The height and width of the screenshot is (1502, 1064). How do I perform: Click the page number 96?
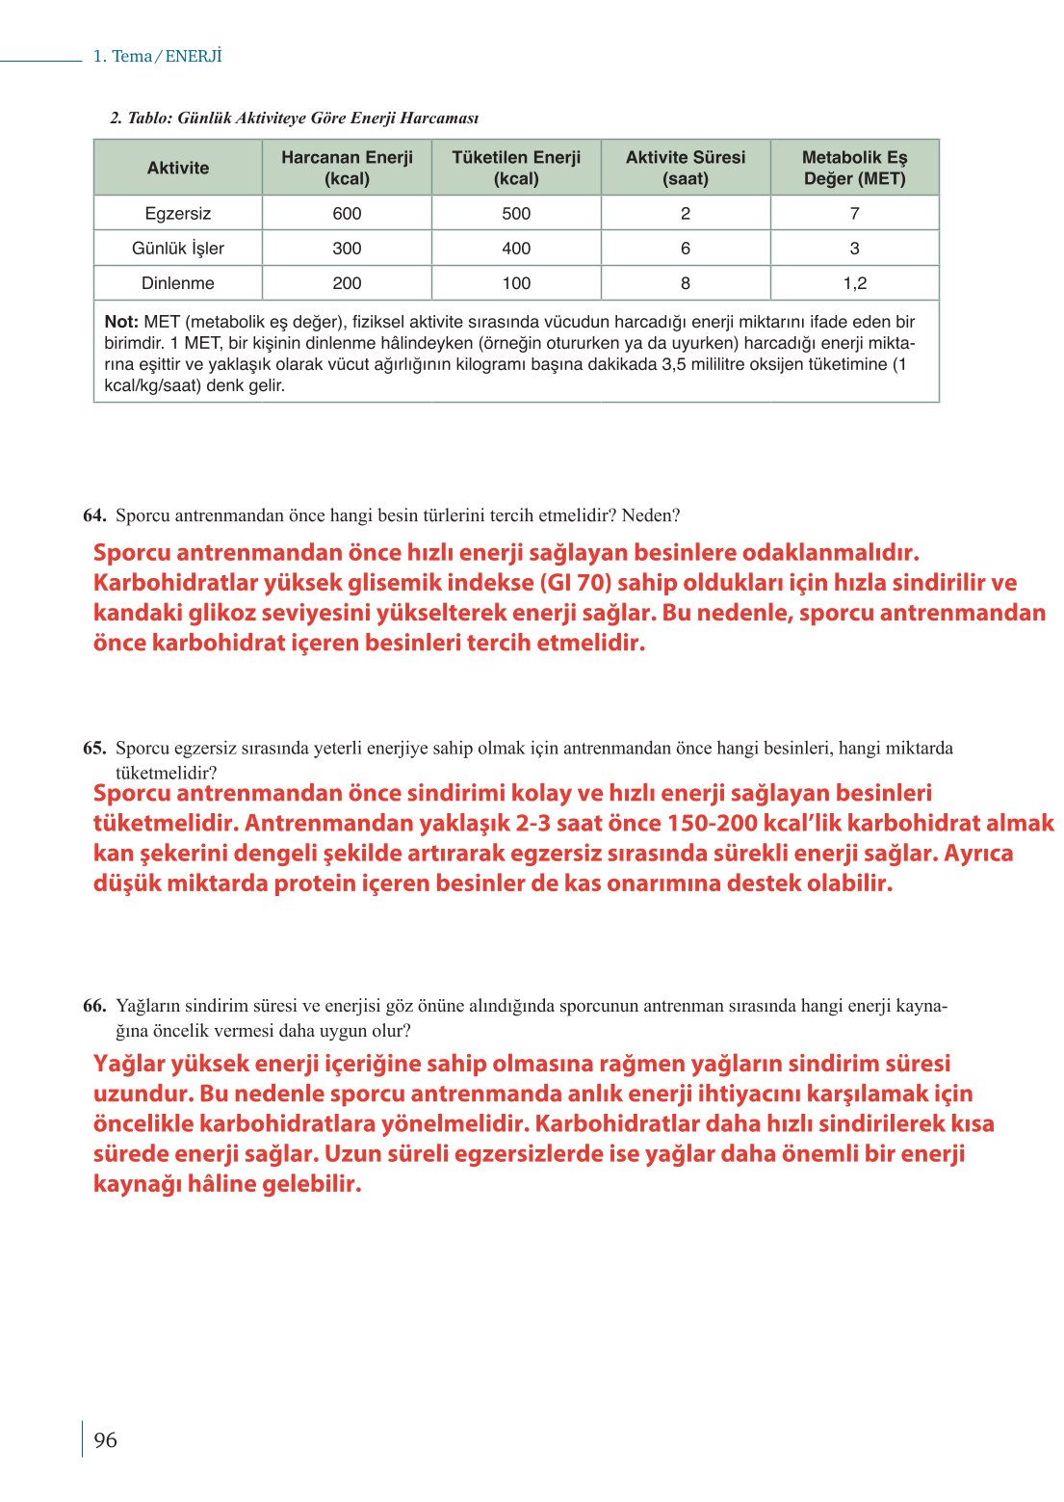click(105, 1439)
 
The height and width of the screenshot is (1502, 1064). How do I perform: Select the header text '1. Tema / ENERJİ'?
click(157, 56)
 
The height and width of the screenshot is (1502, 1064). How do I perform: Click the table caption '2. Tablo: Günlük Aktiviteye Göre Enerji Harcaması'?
click(294, 118)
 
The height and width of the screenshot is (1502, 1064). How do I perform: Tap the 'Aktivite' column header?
click(178, 168)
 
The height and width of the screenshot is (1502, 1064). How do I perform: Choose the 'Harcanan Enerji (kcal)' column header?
click(347, 168)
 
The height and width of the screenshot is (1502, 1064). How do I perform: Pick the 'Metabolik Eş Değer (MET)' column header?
click(854, 168)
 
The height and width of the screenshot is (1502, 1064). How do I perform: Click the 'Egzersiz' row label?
click(178, 213)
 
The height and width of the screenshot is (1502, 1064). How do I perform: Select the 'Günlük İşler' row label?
click(178, 249)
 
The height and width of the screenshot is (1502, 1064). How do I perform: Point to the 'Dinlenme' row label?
click(178, 283)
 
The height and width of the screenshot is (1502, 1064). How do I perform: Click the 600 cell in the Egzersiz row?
click(347, 213)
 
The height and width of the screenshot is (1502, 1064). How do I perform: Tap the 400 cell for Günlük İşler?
click(516, 249)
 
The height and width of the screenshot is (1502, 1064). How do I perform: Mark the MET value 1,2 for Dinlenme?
click(854, 283)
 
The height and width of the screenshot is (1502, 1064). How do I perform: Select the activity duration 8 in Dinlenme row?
click(685, 283)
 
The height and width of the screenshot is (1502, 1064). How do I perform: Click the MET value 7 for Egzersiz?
click(854, 213)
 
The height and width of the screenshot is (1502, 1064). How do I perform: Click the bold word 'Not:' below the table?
click(121, 322)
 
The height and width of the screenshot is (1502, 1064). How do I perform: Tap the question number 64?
click(93, 515)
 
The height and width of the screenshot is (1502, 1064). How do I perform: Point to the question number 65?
click(93, 749)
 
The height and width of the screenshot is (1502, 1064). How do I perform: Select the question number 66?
click(93, 1007)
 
